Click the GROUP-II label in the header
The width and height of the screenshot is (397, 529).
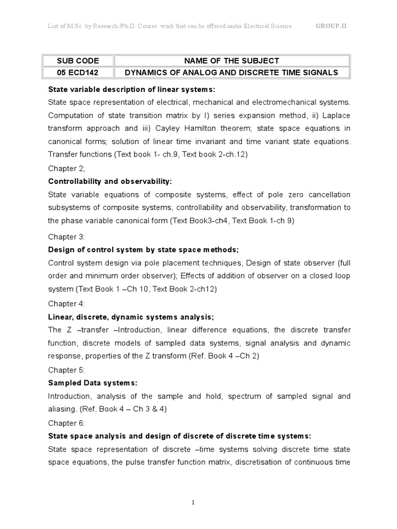pos(331,26)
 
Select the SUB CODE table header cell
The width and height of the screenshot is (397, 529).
pos(78,60)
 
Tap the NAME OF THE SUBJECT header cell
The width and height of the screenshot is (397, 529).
pos(232,60)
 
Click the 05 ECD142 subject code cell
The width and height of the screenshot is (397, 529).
pos(78,72)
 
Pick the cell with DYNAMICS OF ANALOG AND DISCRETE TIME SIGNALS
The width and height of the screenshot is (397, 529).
pos(232,72)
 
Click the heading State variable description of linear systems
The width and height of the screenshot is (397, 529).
pos(132,88)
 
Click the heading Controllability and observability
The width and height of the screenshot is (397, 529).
pos(110,181)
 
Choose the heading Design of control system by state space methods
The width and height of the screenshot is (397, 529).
pos(143,250)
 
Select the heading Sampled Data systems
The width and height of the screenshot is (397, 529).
pos(93,383)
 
